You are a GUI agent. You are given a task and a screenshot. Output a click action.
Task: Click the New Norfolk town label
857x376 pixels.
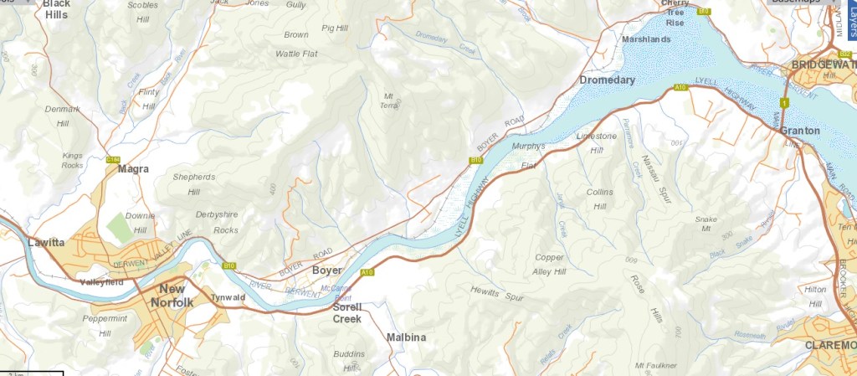(x=173, y=296)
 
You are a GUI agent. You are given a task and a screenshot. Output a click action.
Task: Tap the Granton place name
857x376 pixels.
(x=798, y=131)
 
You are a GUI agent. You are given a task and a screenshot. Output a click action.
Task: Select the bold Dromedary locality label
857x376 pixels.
(x=607, y=80)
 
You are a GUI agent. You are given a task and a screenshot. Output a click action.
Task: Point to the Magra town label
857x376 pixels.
(x=133, y=169)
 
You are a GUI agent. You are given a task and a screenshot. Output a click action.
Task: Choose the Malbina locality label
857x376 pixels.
(x=406, y=337)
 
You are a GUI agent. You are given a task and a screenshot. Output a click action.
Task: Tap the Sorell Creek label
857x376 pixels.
(x=346, y=312)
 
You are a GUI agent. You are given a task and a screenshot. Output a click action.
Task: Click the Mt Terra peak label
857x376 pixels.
(x=390, y=100)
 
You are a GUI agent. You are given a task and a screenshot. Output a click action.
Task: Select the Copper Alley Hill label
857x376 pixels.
(x=549, y=265)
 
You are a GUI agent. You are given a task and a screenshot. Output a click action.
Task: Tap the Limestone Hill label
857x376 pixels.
(x=596, y=142)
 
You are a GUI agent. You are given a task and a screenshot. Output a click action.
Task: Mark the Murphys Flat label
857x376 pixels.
(x=528, y=155)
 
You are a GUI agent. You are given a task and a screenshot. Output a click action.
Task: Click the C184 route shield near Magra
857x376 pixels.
(x=114, y=158)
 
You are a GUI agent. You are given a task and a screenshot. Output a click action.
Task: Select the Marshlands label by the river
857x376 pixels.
(x=646, y=39)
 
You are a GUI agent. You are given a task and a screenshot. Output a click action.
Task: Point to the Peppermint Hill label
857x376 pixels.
(x=105, y=326)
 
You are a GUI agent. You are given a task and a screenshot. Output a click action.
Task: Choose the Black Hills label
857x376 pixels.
(x=56, y=9)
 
